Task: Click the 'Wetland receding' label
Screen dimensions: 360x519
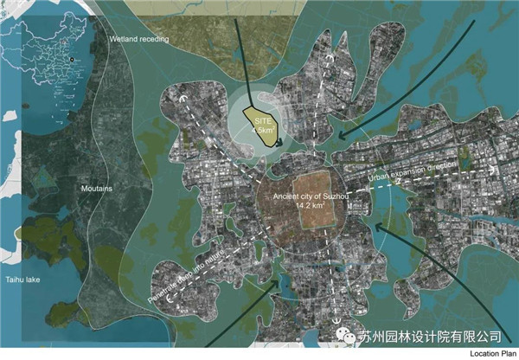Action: (x=139, y=40)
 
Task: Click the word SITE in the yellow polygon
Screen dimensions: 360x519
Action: (x=262, y=120)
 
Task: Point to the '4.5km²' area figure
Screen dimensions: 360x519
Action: (x=261, y=131)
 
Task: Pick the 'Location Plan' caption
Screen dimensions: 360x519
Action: (x=493, y=354)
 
